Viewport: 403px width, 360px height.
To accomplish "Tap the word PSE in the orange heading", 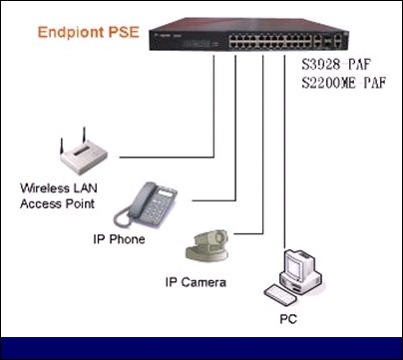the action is point(124,32).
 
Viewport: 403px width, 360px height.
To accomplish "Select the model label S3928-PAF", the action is point(336,64).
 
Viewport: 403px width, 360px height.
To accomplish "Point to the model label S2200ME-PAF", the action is point(344,83).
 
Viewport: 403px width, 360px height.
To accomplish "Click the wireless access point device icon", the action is point(84,154).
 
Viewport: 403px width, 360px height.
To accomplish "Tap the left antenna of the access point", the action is point(62,146).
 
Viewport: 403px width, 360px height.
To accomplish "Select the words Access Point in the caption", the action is point(57,203).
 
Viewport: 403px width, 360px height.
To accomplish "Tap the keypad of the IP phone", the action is point(157,208).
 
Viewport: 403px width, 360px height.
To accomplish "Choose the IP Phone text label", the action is point(119,239).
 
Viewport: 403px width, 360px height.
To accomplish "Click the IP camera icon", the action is point(206,246).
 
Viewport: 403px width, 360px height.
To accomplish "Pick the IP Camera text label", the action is point(196,283).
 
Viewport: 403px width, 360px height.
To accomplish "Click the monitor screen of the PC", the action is point(294,265).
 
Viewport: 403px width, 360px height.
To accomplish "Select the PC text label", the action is point(288,319).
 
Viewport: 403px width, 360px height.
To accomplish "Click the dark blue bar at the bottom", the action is point(201,348).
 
